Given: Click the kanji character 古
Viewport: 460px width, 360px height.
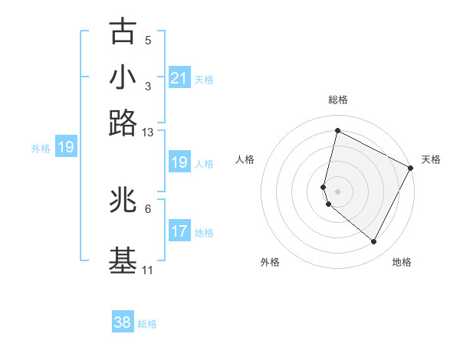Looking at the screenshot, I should tap(123, 31).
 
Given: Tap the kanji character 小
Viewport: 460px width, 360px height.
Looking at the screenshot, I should tap(123, 77).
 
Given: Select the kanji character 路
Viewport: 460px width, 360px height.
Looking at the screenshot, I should tap(123, 123).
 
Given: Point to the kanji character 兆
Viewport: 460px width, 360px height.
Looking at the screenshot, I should tap(123, 200).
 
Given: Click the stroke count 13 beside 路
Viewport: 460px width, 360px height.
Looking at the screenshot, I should tap(147, 133).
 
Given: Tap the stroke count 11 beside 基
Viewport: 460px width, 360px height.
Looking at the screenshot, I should tap(147, 270).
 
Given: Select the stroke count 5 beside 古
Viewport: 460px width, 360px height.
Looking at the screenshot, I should tap(147, 41).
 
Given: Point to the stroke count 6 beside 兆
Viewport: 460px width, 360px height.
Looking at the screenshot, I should tap(147, 208).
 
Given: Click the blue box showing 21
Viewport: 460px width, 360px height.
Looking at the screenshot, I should tap(179, 78).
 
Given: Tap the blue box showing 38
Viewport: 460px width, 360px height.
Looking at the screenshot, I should tap(123, 322).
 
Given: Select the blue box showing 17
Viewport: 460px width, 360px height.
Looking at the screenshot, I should tap(179, 231).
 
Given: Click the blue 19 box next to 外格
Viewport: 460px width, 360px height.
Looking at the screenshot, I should tap(65, 147).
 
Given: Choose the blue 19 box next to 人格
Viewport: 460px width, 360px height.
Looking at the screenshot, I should tap(179, 162).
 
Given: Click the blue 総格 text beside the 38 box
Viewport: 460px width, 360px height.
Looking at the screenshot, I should tap(147, 324).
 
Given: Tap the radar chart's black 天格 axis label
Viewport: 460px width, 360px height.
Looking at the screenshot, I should tap(431, 159).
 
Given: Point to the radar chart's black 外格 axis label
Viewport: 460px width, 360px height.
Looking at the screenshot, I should tap(270, 262).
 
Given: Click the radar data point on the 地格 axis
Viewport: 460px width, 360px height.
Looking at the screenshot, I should tap(374, 242).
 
